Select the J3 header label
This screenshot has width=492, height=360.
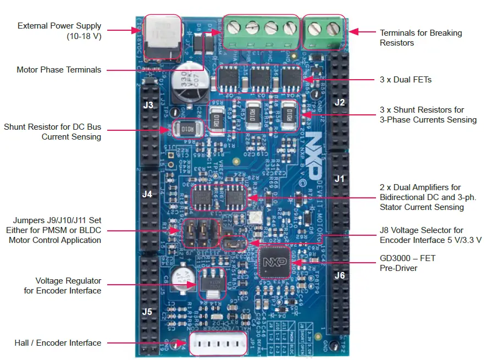coord(147,104)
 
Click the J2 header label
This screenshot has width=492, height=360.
coord(339,102)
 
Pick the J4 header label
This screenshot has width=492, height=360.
coord(147,194)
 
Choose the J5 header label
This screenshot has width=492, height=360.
coord(147,312)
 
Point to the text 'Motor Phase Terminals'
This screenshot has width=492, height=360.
coord(59,70)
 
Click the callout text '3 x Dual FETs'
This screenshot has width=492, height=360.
coord(406,80)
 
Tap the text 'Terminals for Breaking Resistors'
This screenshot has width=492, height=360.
coord(421,37)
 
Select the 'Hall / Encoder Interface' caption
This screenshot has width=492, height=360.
coord(58,343)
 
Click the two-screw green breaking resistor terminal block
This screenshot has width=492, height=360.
coord(324,32)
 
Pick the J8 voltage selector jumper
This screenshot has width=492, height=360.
coord(234,242)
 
